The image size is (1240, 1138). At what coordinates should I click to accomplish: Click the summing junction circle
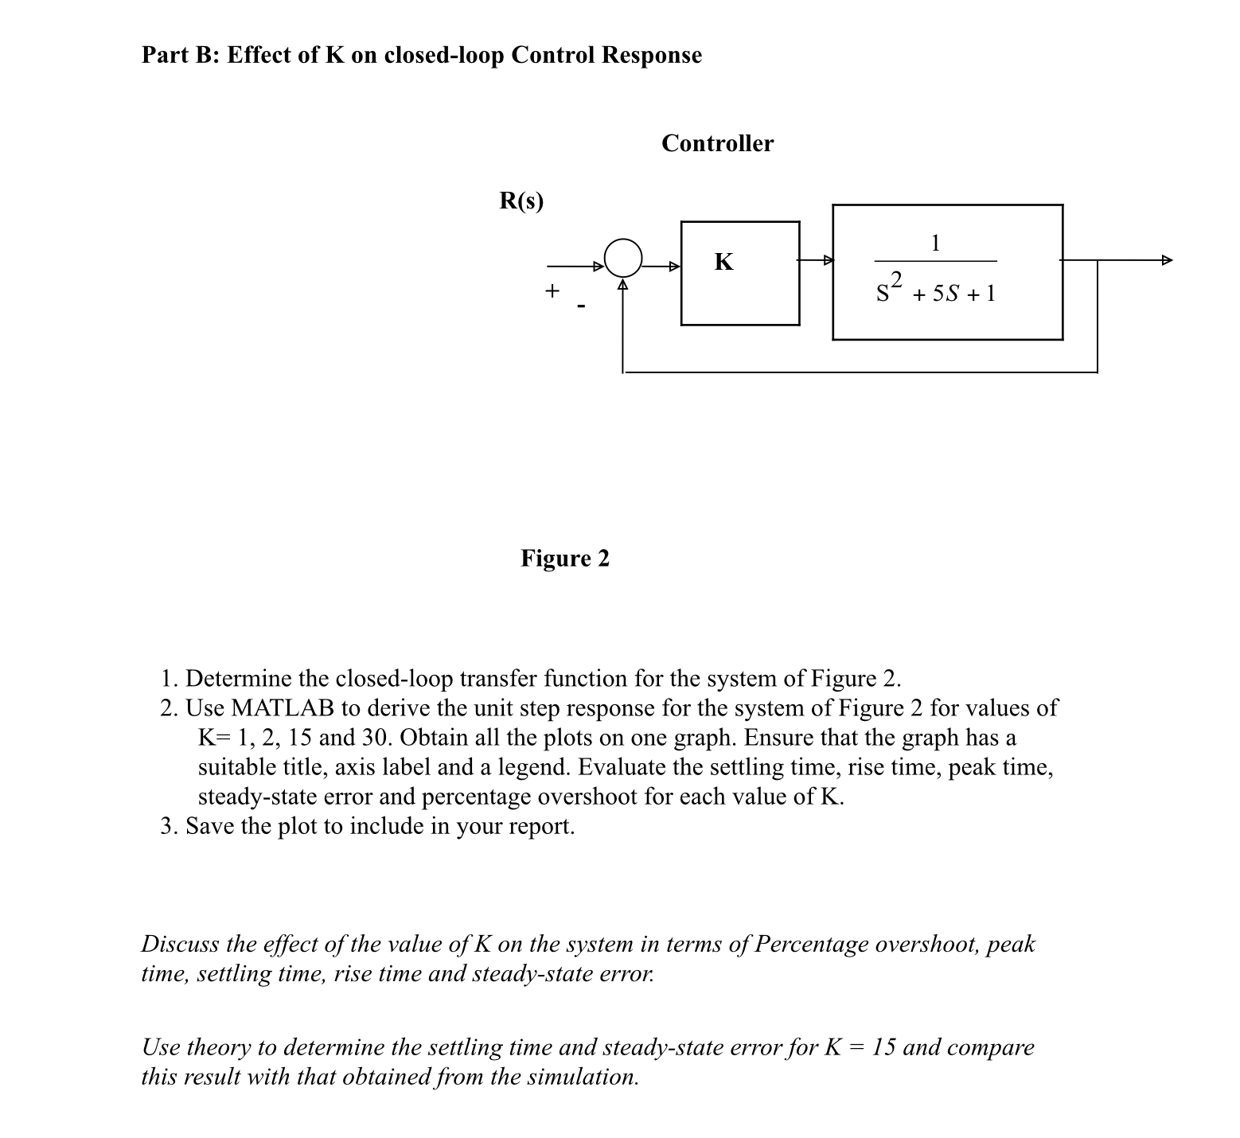(x=624, y=258)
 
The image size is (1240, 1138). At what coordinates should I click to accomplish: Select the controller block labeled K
(x=739, y=273)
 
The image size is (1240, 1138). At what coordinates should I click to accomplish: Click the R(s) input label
(x=521, y=201)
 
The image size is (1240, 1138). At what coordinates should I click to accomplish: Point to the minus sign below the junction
(x=582, y=306)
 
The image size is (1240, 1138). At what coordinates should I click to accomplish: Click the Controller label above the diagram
(x=717, y=144)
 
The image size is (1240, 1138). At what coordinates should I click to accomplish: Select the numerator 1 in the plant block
(x=936, y=243)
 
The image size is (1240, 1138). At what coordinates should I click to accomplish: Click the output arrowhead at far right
(x=1167, y=260)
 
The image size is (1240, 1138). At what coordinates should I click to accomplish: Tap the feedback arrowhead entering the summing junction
(x=624, y=283)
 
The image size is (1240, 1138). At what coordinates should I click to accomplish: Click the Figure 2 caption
(x=565, y=559)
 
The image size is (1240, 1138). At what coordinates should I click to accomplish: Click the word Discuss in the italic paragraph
(x=180, y=945)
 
